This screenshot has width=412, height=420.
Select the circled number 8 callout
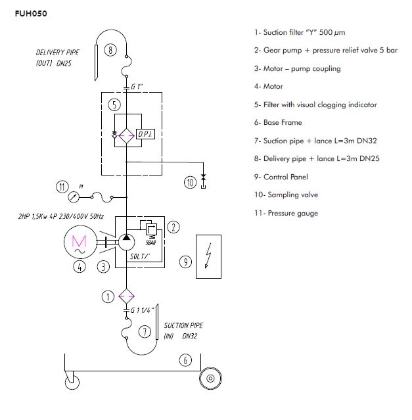[111, 49]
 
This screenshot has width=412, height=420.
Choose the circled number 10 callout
[191, 182]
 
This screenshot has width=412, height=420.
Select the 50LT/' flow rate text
[142, 257]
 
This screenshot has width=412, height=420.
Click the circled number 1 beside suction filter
[108, 296]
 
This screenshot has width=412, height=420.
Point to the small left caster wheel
[70, 381]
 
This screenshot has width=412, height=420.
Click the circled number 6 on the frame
[185, 360]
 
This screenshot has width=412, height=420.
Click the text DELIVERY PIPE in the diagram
[58, 52]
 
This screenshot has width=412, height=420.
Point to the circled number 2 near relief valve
[173, 227]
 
